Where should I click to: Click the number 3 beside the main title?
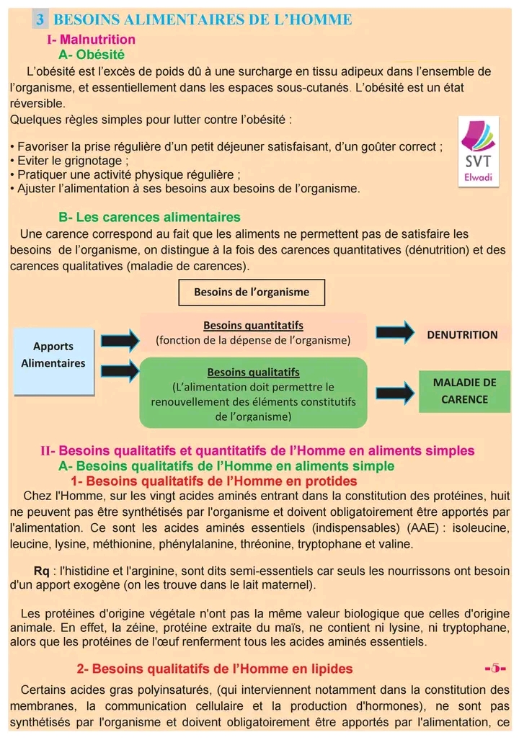[x=40, y=19]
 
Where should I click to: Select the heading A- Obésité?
[x=91, y=54]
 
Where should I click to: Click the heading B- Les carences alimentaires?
[x=149, y=217]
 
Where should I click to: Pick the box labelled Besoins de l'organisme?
[x=252, y=292]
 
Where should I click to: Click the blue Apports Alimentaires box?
[x=53, y=355]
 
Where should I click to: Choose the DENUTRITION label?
[x=462, y=334]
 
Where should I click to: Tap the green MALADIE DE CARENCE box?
[x=464, y=391]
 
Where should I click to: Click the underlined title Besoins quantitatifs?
[x=253, y=326]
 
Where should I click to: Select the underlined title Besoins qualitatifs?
[x=253, y=373]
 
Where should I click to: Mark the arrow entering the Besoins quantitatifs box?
[x=118, y=338]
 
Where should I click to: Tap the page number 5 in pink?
[x=497, y=668]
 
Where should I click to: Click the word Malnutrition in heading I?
[x=97, y=40]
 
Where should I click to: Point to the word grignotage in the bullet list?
[x=95, y=161]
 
